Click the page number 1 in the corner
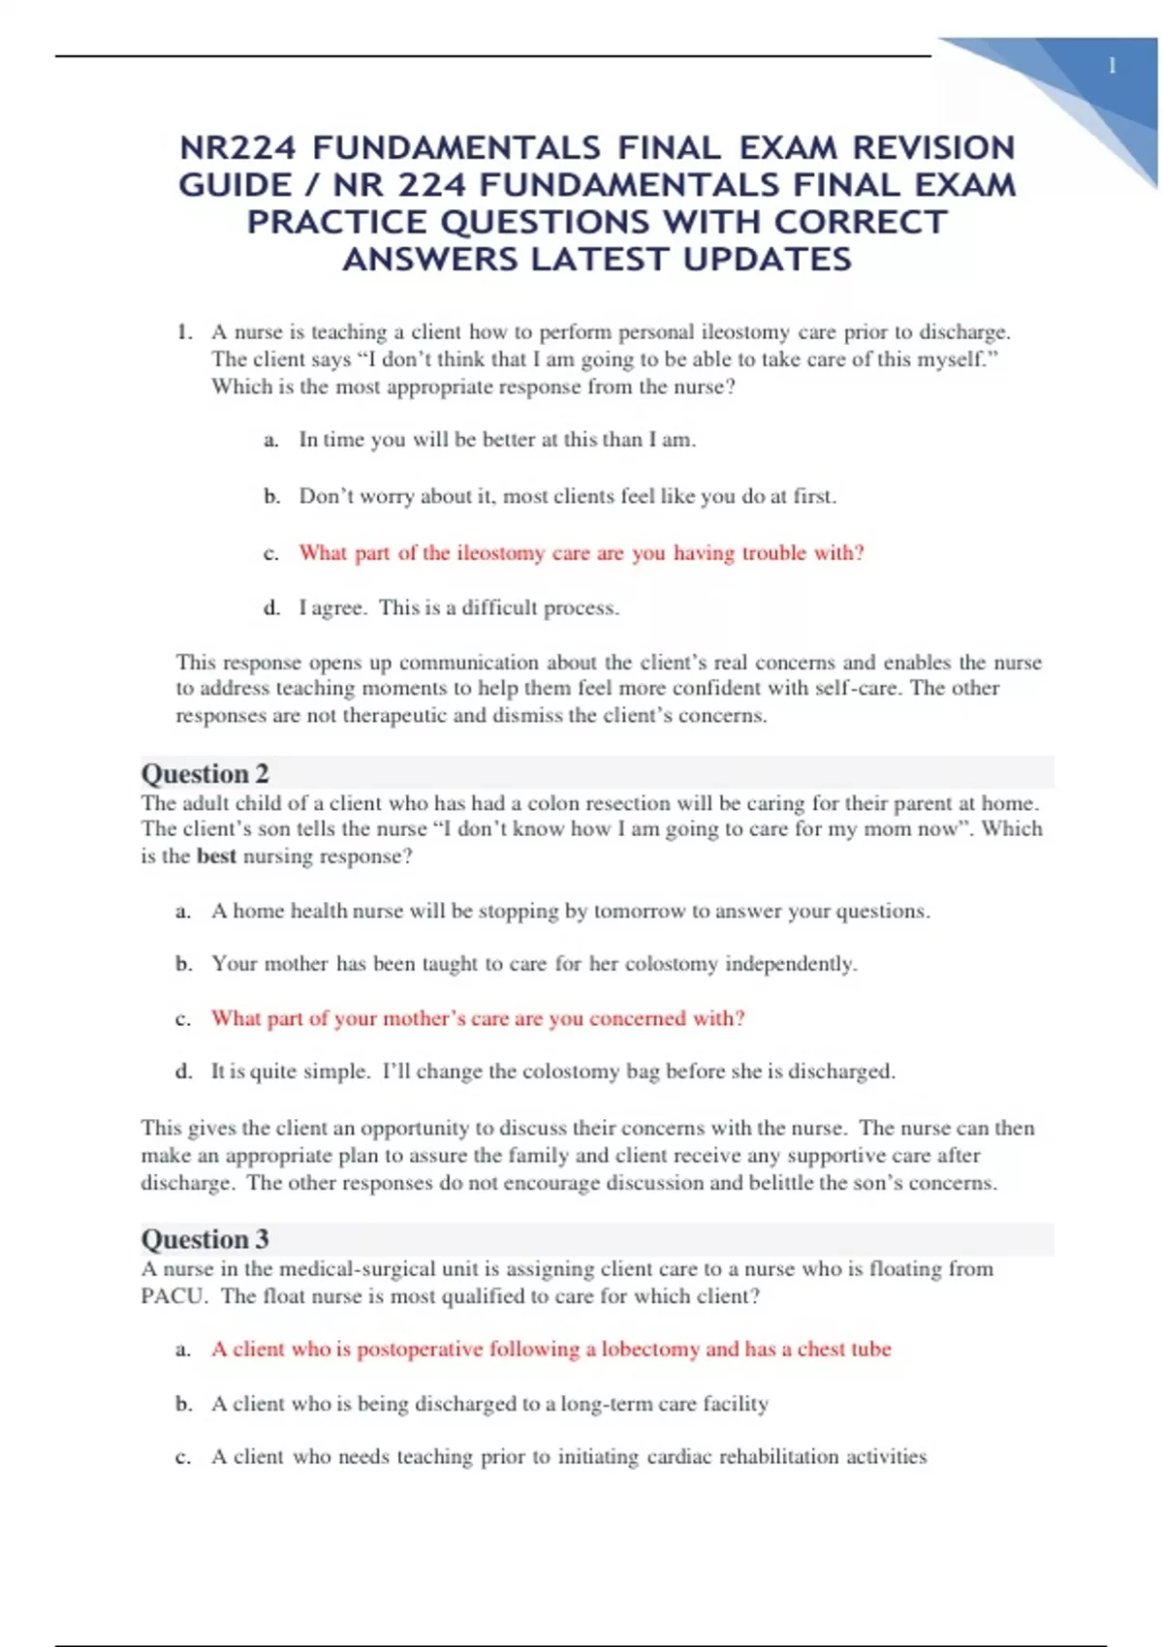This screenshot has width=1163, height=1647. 1112,66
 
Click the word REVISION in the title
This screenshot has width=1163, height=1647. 933,148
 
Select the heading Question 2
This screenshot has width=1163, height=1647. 204,773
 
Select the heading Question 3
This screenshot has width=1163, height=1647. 204,1239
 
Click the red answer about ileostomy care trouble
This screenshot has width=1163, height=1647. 581,553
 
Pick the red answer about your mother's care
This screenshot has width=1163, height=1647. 478,1018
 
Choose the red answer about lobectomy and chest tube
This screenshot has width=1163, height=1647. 550,1350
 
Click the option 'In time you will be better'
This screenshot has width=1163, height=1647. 497,440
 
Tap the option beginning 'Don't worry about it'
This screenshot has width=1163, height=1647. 567,496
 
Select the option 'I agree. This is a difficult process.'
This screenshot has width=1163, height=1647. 458,608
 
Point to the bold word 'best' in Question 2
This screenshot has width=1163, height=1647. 216,856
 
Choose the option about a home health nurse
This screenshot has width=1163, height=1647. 570,912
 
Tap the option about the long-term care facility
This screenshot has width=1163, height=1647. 489,1404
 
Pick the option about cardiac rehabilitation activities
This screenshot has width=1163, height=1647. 569,1457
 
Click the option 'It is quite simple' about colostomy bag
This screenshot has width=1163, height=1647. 552,1072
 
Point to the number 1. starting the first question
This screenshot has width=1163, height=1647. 184,332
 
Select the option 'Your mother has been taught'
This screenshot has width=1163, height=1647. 534,964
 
